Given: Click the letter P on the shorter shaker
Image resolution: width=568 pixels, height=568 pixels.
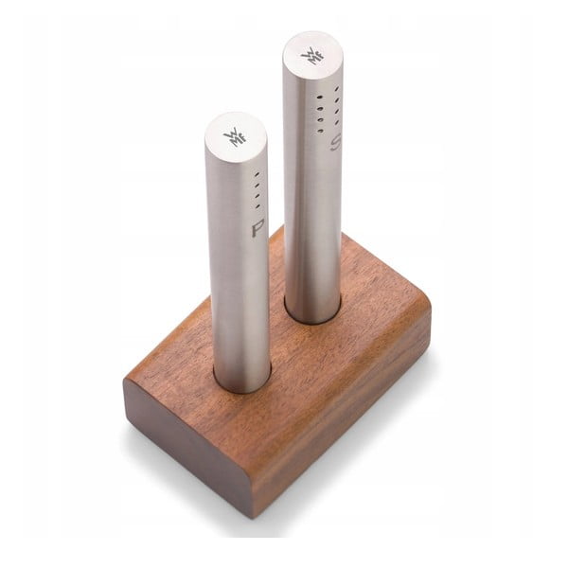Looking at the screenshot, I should (257, 229).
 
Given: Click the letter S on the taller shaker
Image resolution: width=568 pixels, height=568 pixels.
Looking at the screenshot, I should (333, 145).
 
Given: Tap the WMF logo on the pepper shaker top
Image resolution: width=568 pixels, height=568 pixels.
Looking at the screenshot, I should (235, 137).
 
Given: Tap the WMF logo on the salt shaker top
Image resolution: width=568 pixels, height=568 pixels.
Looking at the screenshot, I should (312, 55).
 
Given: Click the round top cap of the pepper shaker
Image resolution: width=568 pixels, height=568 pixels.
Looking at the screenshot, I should (236, 136).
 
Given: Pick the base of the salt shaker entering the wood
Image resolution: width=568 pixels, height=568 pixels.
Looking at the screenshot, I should (313, 312).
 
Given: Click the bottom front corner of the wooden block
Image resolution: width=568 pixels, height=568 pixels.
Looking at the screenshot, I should (248, 511).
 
